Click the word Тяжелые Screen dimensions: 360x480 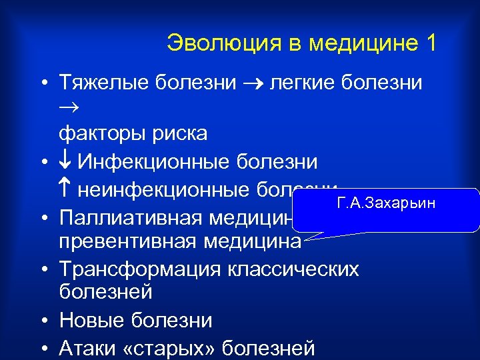coord(104,83)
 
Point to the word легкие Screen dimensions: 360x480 coord(300,83)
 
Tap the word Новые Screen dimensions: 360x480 coord(89,320)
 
